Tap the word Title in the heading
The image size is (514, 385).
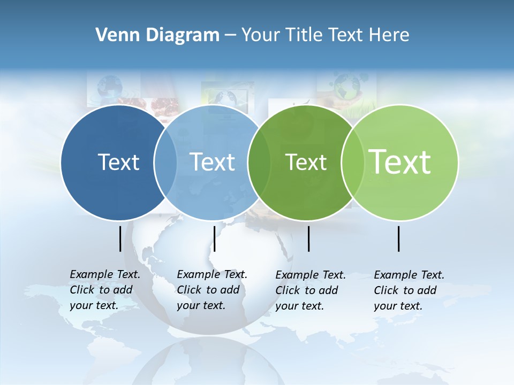(x=303, y=35)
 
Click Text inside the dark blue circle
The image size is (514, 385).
(x=118, y=162)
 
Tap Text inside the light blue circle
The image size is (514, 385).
(x=212, y=162)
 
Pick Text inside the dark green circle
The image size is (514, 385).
(x=306, y=162)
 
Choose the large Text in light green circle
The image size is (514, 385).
(x=400, y=162)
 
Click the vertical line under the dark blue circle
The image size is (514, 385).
(x=120, y=238)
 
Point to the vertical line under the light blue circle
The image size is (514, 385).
(x=214, y=238)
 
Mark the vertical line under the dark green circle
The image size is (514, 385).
(x=308, y=238)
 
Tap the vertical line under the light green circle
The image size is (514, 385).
(x=398, y=238)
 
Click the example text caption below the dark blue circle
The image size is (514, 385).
(x=105, y=290)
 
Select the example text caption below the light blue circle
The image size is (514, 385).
(x=212, y=290)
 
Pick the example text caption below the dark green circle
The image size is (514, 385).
(x=311, y=290)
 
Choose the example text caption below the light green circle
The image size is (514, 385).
(x=409, y=290)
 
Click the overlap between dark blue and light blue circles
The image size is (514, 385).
(x=165, y=162)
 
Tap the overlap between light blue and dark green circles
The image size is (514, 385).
(x=259, y=162)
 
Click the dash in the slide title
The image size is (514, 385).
(x=230, y=35)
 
